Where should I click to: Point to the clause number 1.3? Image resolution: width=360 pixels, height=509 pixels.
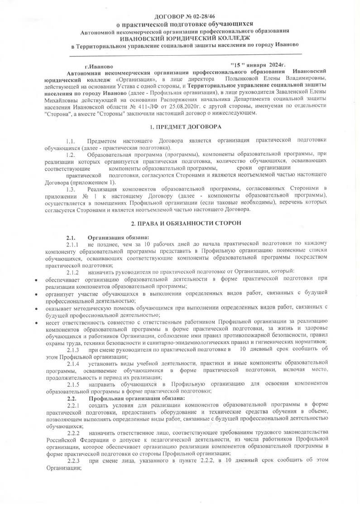click(70, 188)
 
